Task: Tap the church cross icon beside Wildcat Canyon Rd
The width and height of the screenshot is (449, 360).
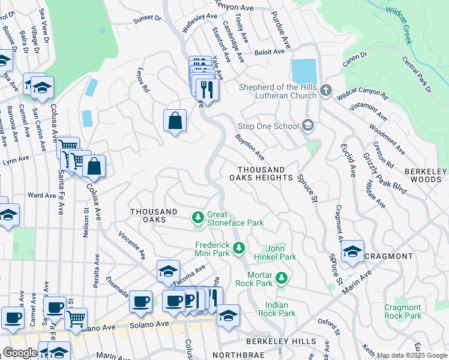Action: [x=326, y=91]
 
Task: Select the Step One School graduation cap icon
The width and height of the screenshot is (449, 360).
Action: [x=308, y=125]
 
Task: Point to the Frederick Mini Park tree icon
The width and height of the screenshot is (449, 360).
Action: [x=239, y=248]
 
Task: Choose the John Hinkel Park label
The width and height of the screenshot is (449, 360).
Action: [x=281, y=253]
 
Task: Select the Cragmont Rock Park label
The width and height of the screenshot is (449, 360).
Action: [x=403, y=311]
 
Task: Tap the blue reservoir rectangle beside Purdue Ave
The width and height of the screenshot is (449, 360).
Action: [x=304, y=71]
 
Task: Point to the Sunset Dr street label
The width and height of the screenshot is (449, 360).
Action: [x=148, y=19]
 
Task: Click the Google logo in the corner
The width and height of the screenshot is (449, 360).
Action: [x=20, y=353]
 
